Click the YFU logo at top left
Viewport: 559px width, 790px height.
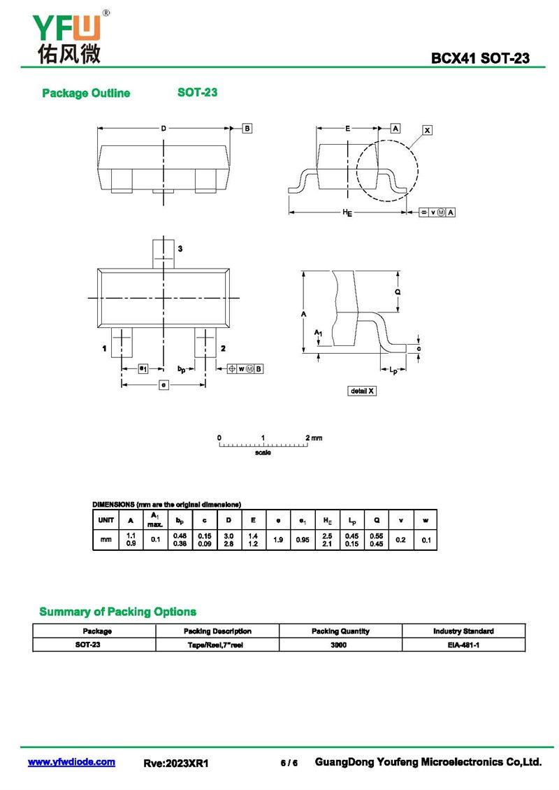67,38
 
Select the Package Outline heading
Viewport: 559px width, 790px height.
86,94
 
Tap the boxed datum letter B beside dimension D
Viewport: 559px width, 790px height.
247,128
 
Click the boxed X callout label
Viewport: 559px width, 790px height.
428,130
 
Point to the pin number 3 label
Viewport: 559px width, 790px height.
180,249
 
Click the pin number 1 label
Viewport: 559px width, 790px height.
103,348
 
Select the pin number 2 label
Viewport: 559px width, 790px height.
223,348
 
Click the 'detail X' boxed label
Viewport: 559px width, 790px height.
362,391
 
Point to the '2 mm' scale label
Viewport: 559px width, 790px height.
314,438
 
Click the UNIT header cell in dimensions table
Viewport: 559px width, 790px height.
106,520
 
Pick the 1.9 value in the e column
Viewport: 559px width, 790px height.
278,540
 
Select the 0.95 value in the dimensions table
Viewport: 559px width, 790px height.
303,540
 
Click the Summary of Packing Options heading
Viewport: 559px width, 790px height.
117,612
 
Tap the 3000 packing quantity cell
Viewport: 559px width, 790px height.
340,645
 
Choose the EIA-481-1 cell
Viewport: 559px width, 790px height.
463,645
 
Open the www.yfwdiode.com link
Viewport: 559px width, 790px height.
71,762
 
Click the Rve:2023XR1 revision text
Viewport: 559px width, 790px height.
176,763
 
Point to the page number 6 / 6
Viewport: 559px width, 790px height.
289,763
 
